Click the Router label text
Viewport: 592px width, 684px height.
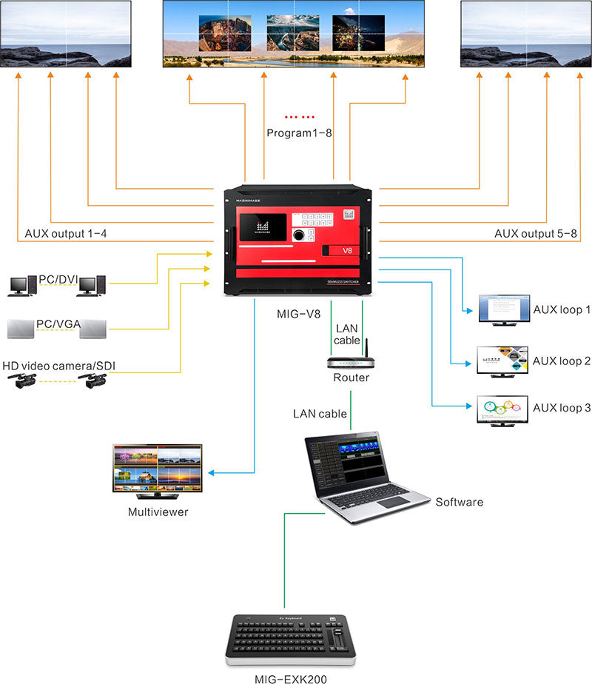click(x=351, y=378)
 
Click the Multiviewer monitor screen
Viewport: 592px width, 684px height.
click(x=157, y=468)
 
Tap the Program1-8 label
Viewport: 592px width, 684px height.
click(x=298, y=133)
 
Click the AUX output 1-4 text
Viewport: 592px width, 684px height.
click(x=66, y=234)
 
